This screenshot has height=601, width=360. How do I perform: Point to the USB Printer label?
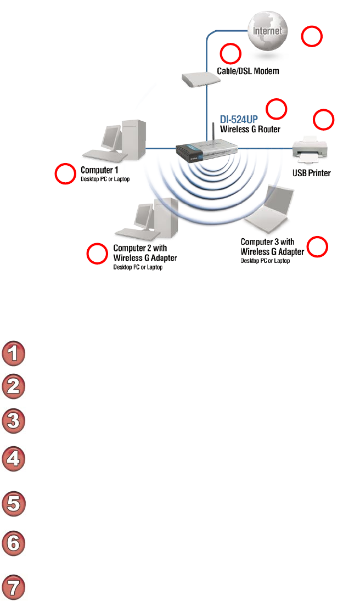[x=311, y=173]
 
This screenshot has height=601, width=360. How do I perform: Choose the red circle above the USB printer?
[x=323, y=120]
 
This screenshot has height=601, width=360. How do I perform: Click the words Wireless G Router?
[x=250, y=130]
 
